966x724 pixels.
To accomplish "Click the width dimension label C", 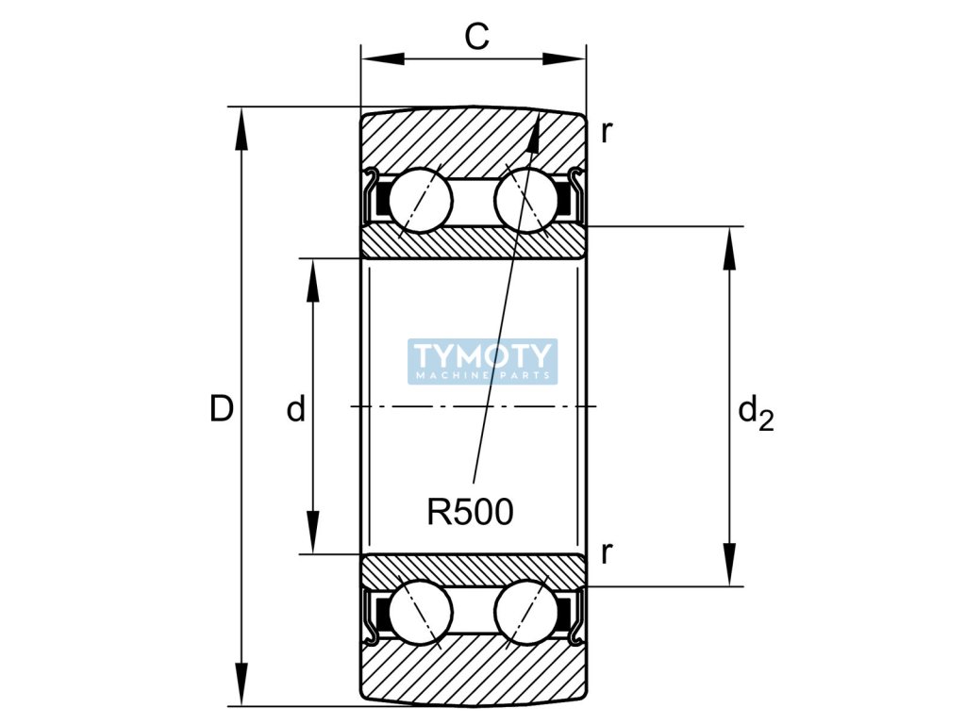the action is click(477, 37).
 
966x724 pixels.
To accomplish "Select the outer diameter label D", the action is click(221, 409).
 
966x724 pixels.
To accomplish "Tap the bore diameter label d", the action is click(296, 409).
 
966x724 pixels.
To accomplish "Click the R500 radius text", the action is click(470, 512).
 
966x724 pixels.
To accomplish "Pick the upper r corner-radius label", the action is click(606, 132).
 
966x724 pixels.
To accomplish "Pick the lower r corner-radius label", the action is click(606, 552).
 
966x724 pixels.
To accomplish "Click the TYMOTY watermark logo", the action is click(483, 361).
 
